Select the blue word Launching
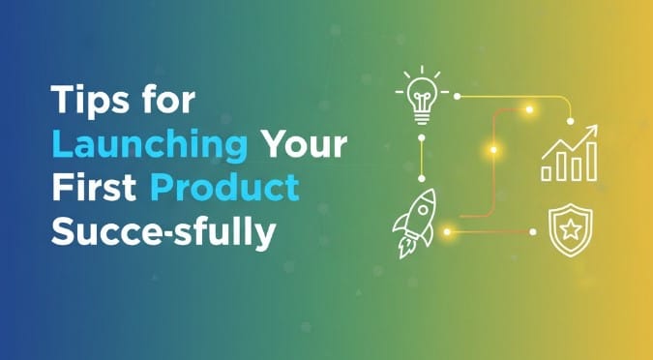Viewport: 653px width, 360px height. (x=150, y=144)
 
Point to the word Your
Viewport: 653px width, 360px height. (x=306, y=144)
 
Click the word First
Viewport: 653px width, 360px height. (x=94, y=187)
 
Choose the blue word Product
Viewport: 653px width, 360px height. (x=224, y=187)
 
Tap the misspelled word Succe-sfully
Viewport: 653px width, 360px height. (x=163, y=232)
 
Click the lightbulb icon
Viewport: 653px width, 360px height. (x=422, y=96)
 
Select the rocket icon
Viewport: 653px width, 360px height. (x=414, y=223)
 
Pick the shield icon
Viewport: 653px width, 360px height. (x=570, y=229)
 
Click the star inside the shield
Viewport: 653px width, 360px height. (x=571, y=229)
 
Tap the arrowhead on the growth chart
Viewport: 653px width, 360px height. (x=591, y=131)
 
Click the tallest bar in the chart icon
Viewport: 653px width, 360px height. (x=592, y=162)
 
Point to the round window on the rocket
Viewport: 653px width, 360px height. (x=423, y=210)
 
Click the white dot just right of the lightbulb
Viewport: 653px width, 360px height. (x=457, y=96)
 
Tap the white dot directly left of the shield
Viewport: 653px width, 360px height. (x=533, y=232)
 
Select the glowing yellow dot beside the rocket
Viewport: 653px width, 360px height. (x=447, y=231)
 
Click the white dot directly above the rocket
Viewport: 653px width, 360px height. (x=422, y=178)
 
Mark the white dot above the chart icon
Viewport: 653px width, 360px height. (x=571, y=121)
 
